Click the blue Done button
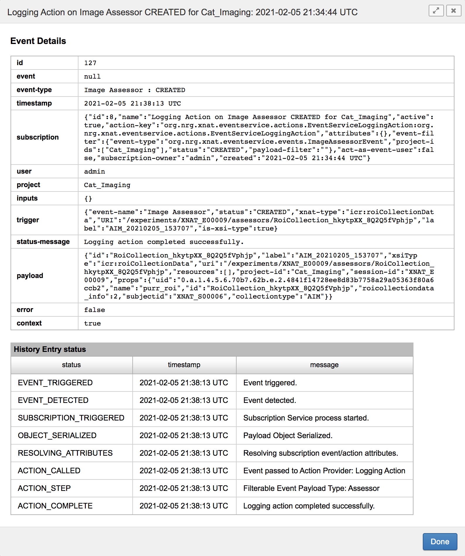pos(440,542)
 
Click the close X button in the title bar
pos(454,11)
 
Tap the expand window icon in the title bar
pos(436,11)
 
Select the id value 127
pos(90,63)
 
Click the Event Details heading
pos(38,41)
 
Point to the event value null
pos(92,77)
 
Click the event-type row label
pos(34,90)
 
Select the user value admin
pos(94,172)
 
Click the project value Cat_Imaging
pos(107,185)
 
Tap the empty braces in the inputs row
pos(88,199)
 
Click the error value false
pos(94,310)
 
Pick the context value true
pos(92,323)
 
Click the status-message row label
pos(43,242)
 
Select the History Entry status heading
pos(50,349)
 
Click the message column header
pos(324,365)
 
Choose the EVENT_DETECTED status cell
pos(53,400)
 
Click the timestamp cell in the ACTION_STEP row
pos(184,488)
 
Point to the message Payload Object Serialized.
pos(288,435)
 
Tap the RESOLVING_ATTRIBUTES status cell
pos(65,453)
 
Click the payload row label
pos(30,276)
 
